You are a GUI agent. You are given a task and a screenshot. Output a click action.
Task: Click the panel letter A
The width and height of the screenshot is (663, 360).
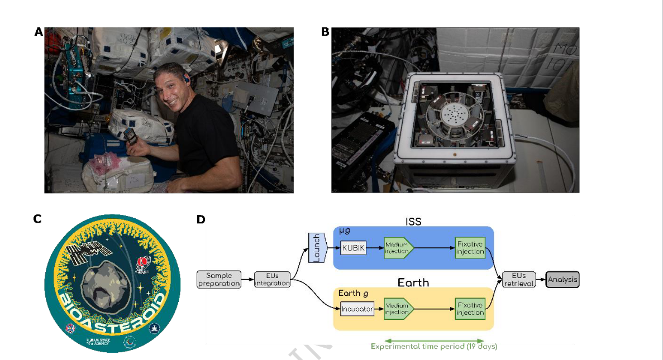tap(39, 32)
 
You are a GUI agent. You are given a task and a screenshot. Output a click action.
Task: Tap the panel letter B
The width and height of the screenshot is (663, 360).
tap(325, 32)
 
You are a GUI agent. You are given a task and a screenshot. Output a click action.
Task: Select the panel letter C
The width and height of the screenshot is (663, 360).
tap(37, 219)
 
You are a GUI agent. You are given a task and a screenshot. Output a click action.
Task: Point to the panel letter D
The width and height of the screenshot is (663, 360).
tap(201, 219)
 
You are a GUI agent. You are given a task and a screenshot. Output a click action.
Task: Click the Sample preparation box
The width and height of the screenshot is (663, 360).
tap(219, 279)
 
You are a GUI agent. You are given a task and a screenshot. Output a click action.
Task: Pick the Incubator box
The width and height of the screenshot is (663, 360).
tap(356, 309)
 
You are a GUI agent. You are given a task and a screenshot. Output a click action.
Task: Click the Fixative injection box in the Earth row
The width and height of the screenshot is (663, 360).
tap(470, 309)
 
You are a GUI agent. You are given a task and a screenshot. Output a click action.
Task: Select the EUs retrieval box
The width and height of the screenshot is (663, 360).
tap(518, 279)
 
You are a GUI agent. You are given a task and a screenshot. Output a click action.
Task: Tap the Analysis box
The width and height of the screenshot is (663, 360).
tap(562, 279)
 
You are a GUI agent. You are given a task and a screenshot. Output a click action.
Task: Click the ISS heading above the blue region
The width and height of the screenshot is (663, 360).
tap(413, 221)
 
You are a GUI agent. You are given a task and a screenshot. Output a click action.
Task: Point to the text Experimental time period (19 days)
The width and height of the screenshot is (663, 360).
tap(434, 347)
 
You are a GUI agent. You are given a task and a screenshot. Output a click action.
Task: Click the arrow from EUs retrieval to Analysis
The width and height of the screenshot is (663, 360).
tap(540, 279)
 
